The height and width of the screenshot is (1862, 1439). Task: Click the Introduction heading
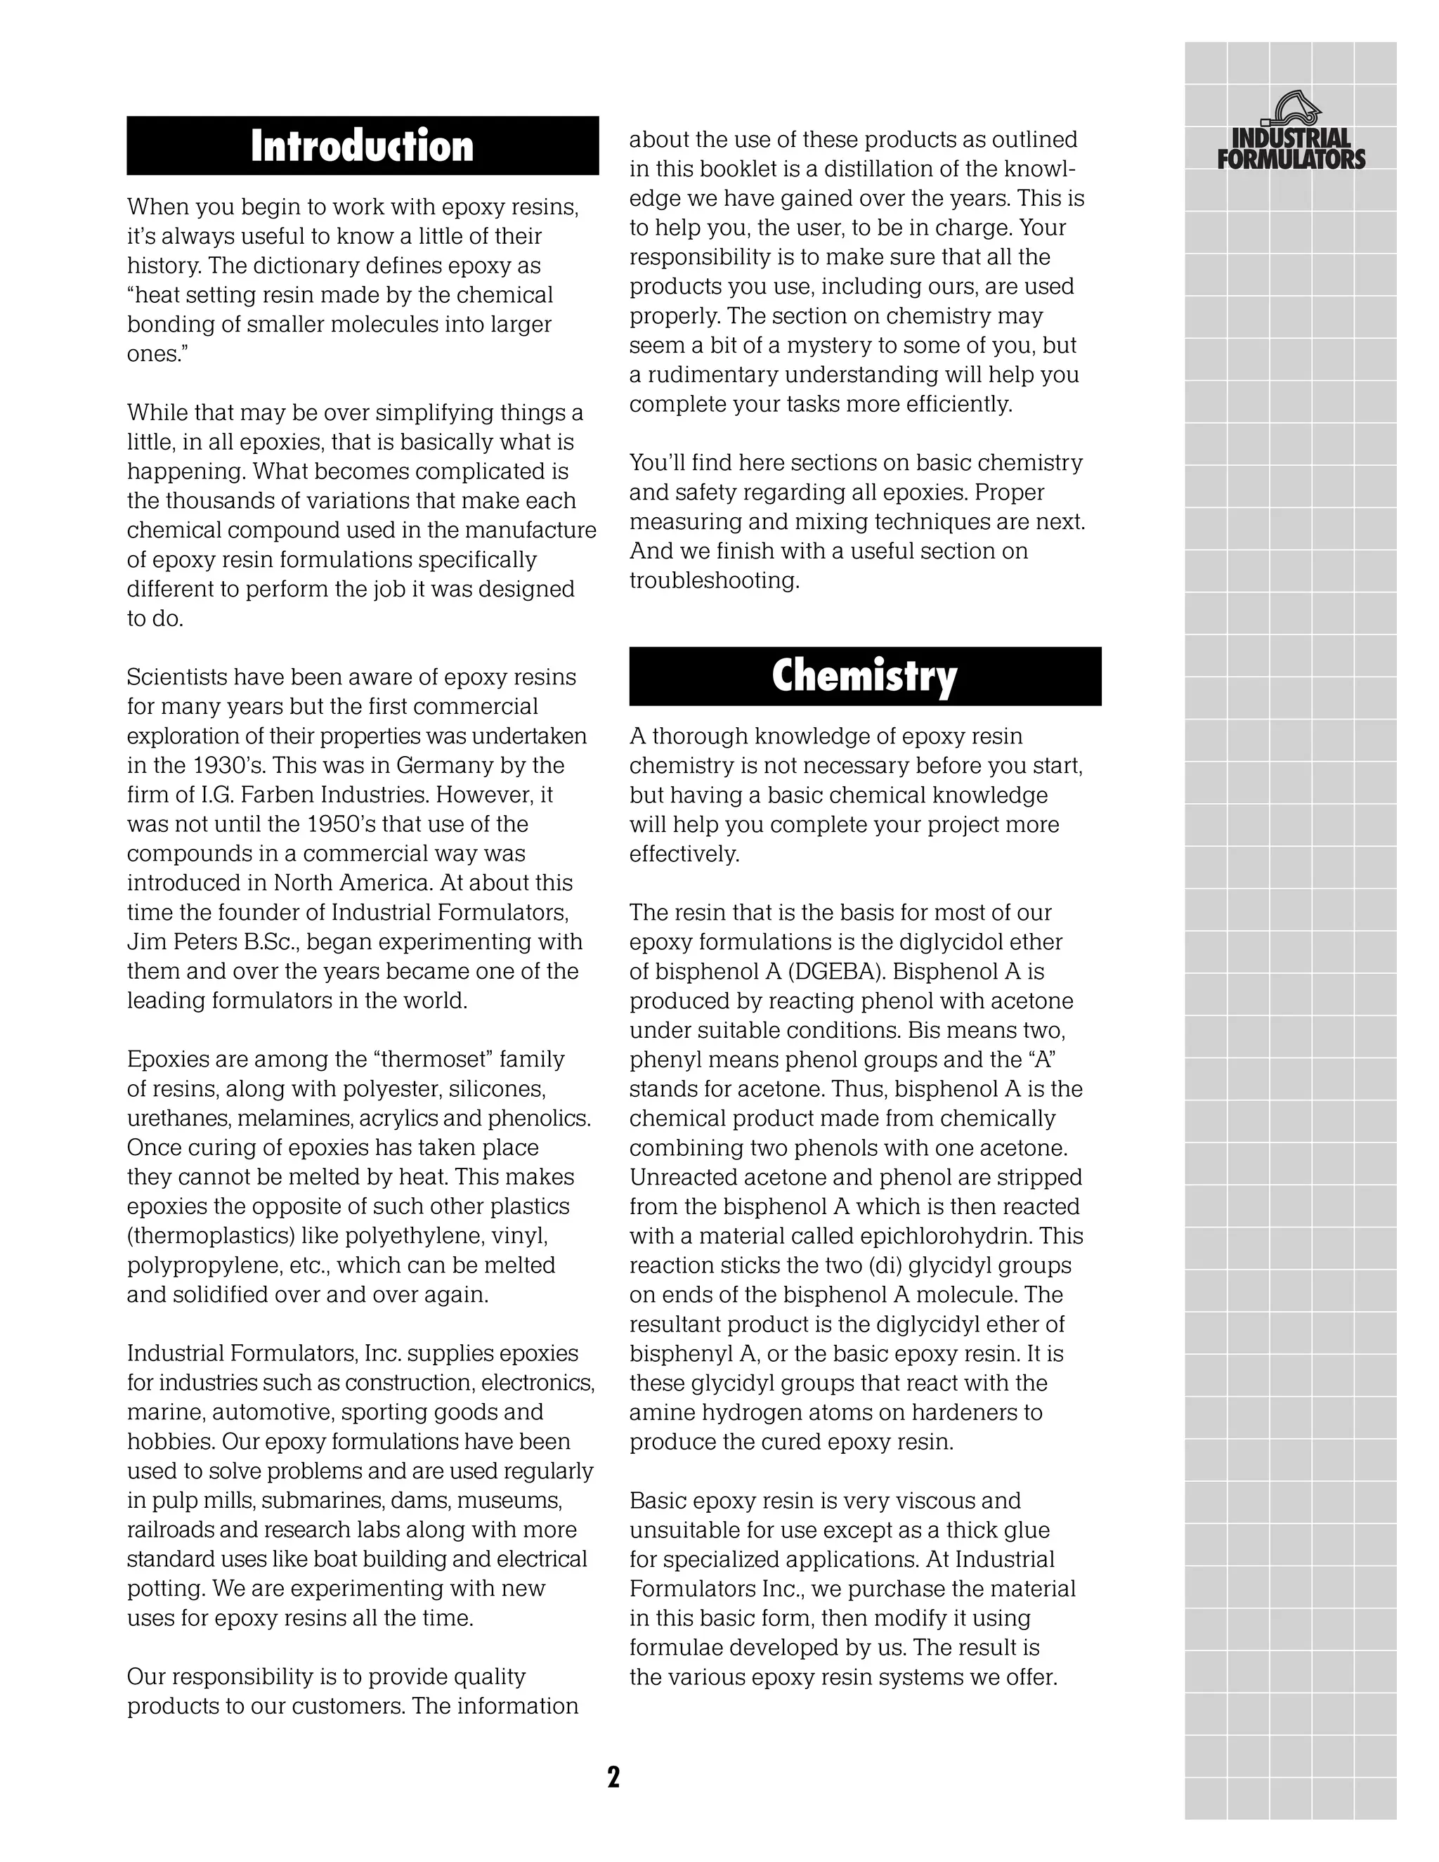point(363,145)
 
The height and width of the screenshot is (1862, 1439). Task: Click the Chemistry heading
point(864,676)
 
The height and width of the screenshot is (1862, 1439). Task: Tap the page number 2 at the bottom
point(613,1778)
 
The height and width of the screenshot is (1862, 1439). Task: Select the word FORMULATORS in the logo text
point(1291,159)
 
